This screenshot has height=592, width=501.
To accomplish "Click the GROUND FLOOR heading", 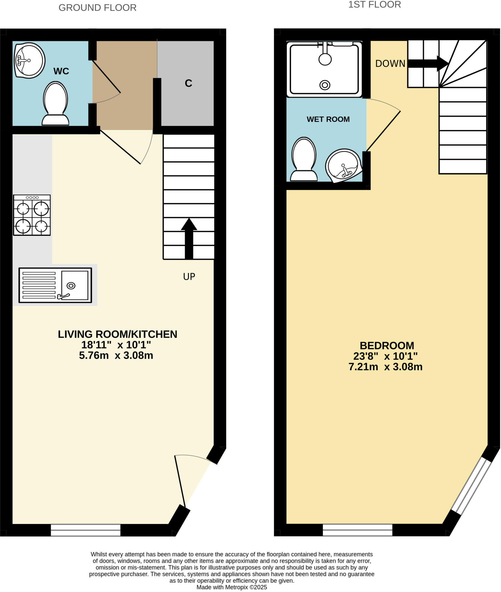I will click(97, 8).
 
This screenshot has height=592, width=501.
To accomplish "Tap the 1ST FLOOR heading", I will click(374, 5).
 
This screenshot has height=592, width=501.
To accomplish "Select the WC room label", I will click(61, 71).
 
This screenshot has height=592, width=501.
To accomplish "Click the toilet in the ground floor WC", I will click(55, 104).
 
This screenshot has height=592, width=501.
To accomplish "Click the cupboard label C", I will click(188, 83).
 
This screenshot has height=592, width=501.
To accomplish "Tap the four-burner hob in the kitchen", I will click(32, 215).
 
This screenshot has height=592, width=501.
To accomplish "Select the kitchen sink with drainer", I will click(55, 285).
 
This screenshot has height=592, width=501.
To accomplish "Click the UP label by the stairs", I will click(189, 277).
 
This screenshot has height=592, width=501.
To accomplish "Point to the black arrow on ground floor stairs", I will click(189, 238).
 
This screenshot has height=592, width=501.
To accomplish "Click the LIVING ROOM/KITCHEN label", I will click(117, 334).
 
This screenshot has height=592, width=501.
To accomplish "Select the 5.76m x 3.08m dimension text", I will click(116, 355).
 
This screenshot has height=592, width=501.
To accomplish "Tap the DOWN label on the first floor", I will click(390, 64).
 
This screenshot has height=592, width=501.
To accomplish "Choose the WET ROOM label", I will click(328, 119).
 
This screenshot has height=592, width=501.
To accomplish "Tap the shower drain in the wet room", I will click(325, 85).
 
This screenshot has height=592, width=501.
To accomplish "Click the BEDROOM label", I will click(387, 346).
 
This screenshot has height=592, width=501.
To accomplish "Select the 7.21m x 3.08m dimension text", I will click(385, 367).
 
